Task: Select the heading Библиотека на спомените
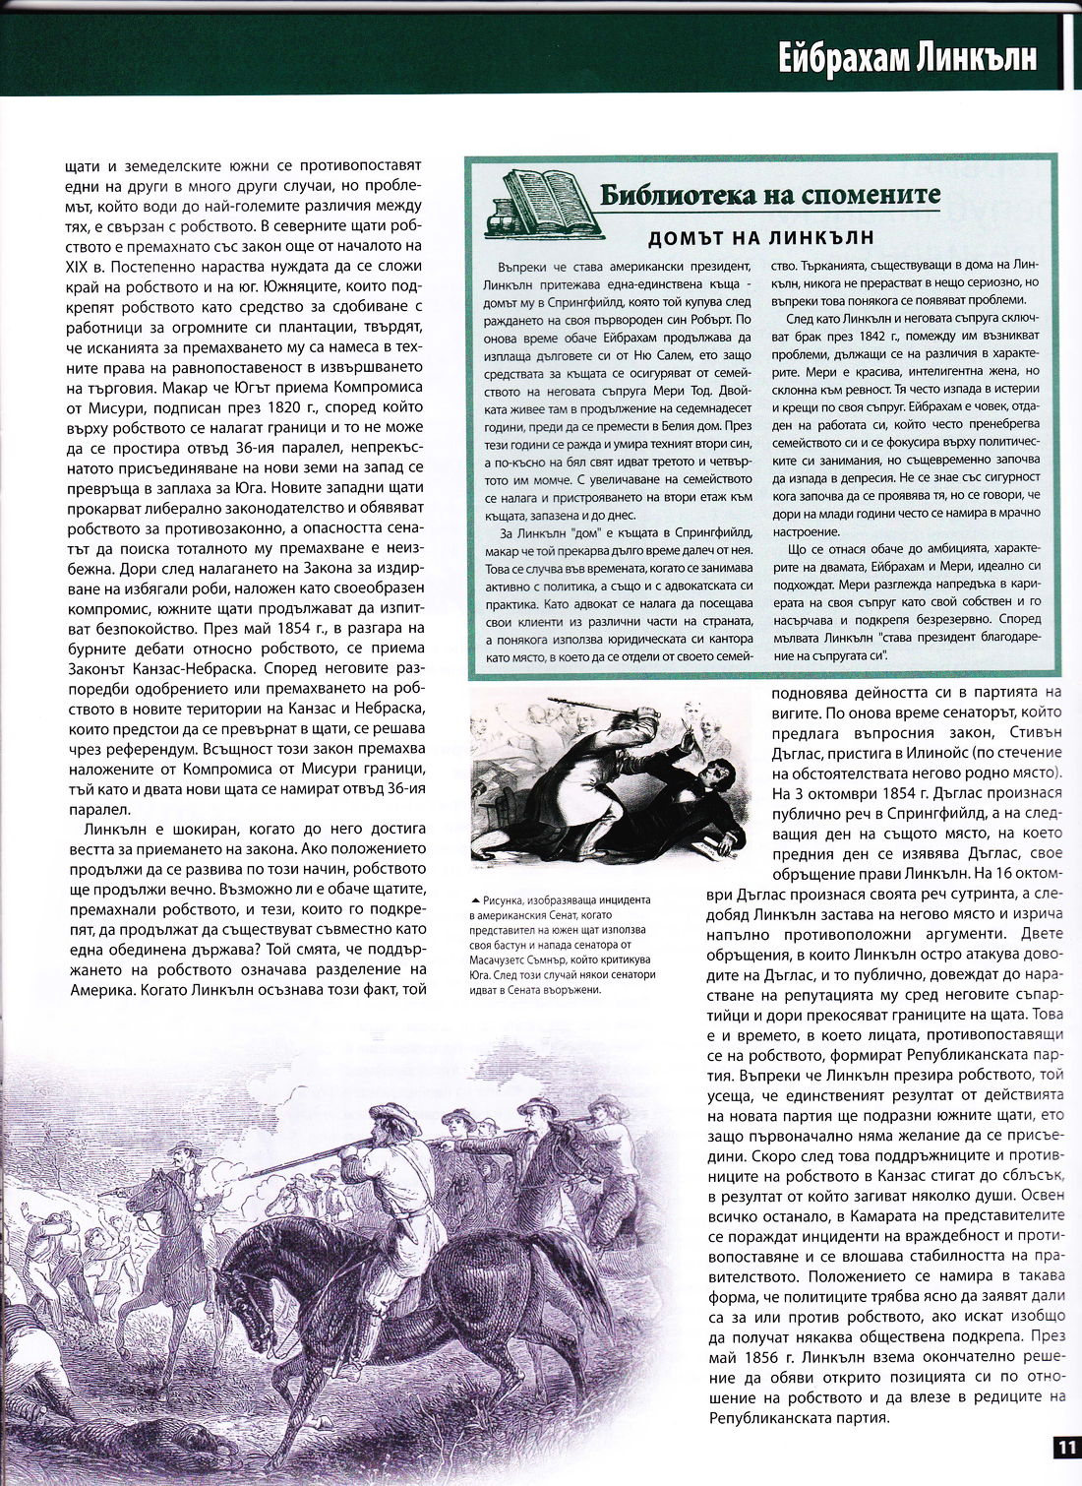pyautogui.click(x=769, y=195)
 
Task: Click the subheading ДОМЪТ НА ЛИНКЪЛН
pyautogui.click(x=761, y=238)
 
